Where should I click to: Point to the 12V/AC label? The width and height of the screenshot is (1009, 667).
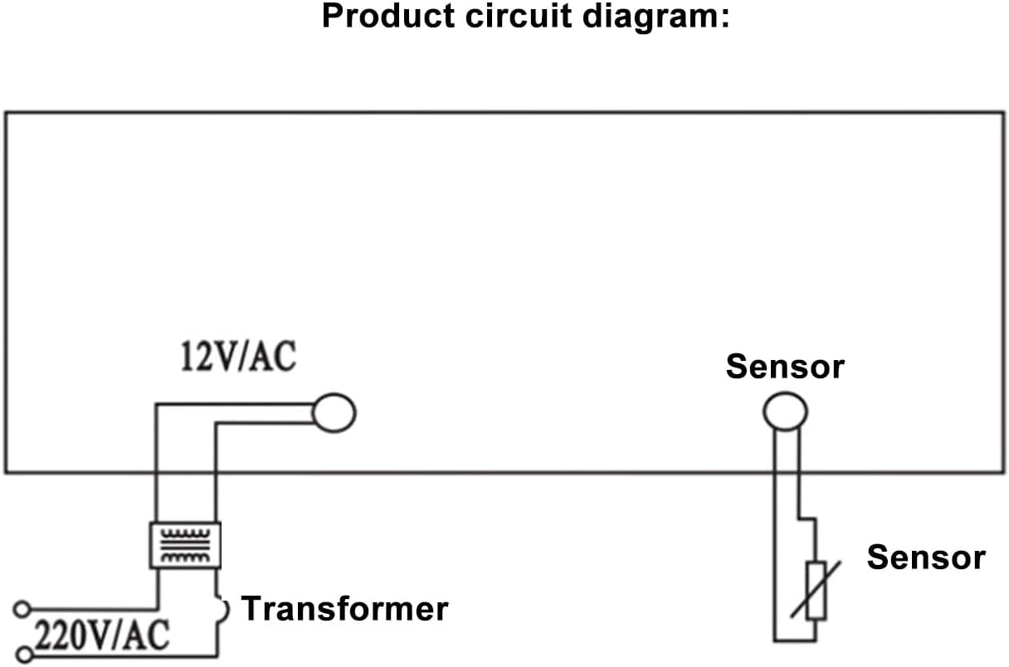[238, 358]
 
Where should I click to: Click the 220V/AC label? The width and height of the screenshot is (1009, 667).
[102, 637]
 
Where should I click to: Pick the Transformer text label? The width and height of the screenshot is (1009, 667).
[344, 609]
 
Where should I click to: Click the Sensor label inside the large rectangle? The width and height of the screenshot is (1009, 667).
[784, 366]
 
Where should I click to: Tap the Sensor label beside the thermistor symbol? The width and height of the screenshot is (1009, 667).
[925, 557]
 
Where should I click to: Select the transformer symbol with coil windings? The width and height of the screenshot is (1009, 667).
[185, 545]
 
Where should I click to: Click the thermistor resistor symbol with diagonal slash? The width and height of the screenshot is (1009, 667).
[816, 590]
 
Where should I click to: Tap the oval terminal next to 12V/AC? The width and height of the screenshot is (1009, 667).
[334, 412]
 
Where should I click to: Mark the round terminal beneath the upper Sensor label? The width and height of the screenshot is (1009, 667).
[784, 411]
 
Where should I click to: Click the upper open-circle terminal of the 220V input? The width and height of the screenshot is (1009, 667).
[22, 610]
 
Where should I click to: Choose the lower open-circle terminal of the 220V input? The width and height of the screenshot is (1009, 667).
[25, 656]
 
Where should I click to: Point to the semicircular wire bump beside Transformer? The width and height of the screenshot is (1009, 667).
[222, 610]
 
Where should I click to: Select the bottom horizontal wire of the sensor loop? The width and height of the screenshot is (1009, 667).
[795, 640]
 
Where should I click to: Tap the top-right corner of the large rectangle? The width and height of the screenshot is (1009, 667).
[1002, 113]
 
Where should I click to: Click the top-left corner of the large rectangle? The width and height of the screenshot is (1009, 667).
[7, 113]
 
